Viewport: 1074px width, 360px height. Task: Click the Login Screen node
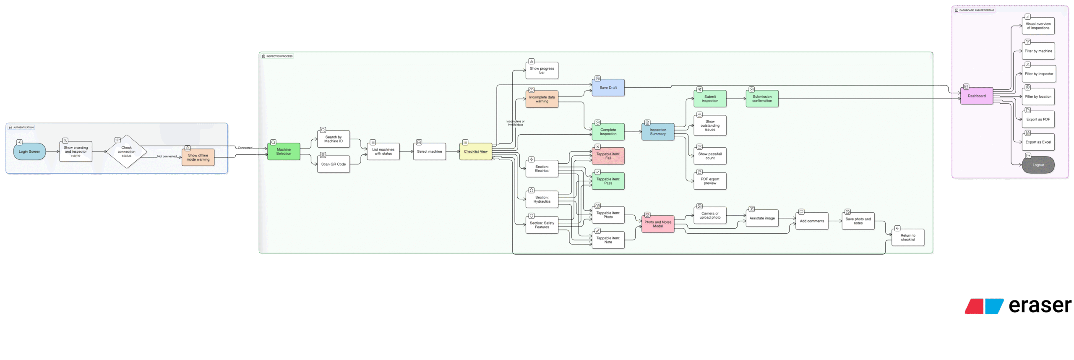click(x=29, y=152)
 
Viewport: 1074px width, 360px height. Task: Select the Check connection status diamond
click(x=126, y=152)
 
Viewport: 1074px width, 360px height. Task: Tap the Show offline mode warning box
click(x=198, y=157)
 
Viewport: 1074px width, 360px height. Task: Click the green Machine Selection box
click(x=284, y=151)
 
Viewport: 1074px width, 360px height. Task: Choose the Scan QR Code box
click(x=334, y=164)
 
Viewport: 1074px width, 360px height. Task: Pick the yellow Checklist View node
click(x=475, y=151)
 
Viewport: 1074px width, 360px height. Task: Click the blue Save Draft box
click(x=608, y=88)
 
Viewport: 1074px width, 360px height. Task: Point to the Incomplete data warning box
click(x=542, y=99)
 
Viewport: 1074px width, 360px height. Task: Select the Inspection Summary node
click(x=658, y=132)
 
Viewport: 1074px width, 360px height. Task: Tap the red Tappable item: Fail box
click(x=608, y=156)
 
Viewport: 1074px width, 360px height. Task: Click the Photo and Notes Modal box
click(x=658, y=224)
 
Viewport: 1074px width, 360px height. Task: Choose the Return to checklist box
click(x=908, y=237)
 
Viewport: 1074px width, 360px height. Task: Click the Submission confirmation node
click(x=762, y=99)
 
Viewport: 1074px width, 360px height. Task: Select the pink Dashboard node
click(x=977, y=96)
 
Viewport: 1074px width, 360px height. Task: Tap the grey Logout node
click(x=1038, y=165)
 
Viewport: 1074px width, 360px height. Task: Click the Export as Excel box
click(x=1038, y=142)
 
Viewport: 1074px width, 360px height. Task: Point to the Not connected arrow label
click(x=167, y=157)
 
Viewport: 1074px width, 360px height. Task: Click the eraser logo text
click(x=1040, y=306)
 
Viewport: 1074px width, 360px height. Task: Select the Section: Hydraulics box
click(x=542, y=200)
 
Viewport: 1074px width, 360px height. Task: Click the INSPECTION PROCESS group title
click(x=279, y=56)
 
